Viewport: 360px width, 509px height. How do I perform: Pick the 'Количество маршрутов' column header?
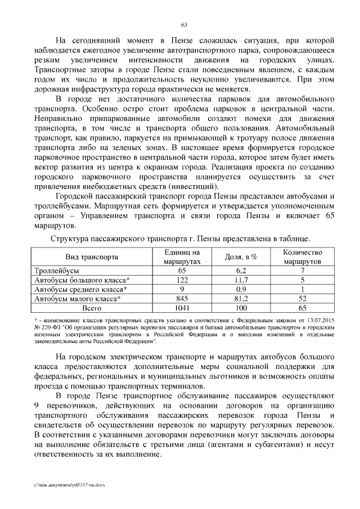click(303, 257)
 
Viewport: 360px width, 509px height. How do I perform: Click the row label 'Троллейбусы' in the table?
click(56, 271)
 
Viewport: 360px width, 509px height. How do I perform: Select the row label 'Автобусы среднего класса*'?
click(80, 289)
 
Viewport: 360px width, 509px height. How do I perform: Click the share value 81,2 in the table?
click(241, 298)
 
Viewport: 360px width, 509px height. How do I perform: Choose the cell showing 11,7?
click(241, 280)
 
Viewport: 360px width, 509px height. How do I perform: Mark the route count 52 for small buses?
click(303, 298)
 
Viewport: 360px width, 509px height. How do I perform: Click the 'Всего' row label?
click(92, 308)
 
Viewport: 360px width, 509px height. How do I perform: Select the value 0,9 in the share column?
click(241, 289)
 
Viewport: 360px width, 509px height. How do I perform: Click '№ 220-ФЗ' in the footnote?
click(47, 327)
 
